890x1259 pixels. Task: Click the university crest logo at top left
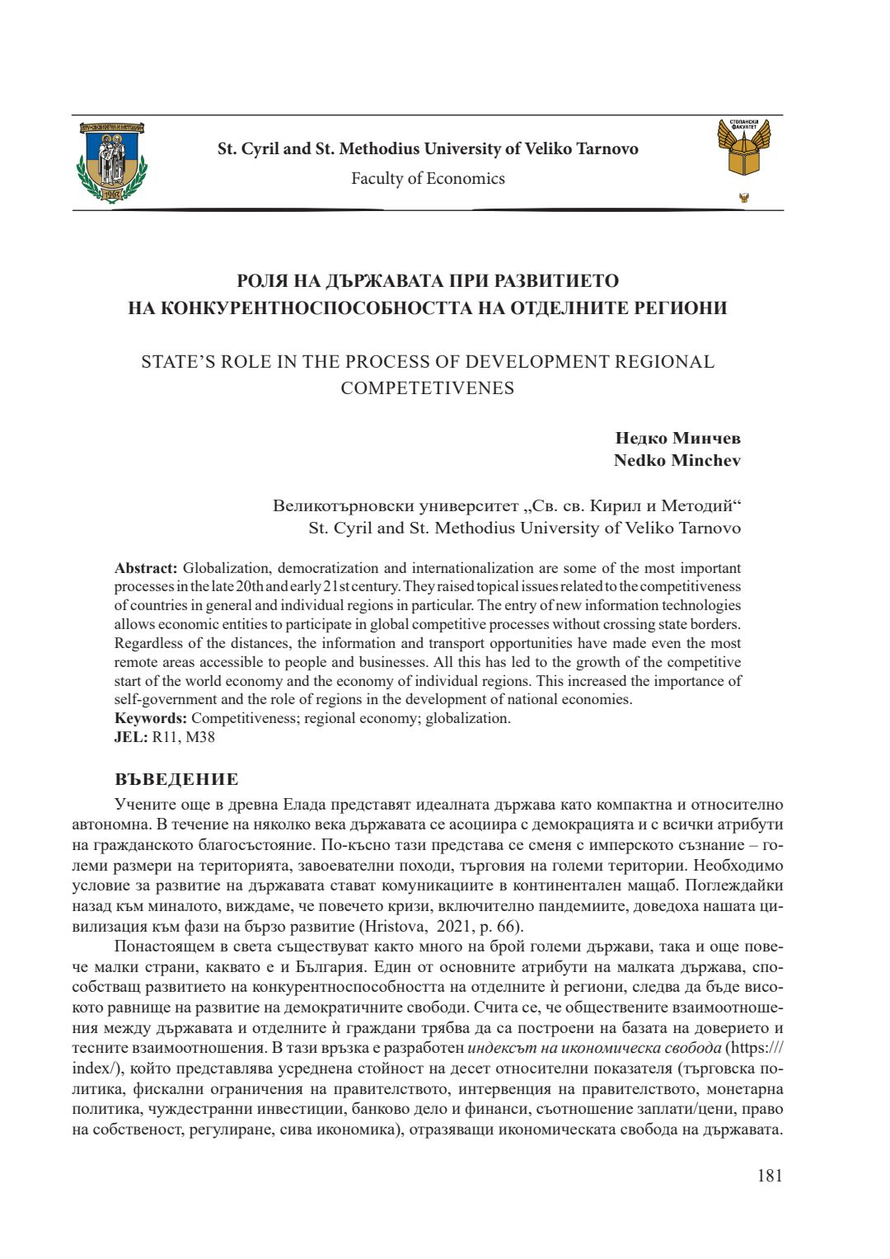[x=111, y=162]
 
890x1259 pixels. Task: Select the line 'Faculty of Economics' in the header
[x=428, y=179]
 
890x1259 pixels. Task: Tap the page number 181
[x=770, y=1176]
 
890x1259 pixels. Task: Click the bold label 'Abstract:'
[x=146, y=568]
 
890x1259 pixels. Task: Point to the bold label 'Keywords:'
[x=151, y=718]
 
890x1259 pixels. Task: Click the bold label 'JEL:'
[x=131, y=737]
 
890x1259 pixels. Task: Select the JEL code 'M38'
[x=200, y=737]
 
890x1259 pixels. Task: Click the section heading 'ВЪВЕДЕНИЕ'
[x=176, y=780]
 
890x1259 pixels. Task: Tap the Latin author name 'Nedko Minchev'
[x=677, y=460]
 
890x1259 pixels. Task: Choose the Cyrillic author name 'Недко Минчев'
[x=677, y=438]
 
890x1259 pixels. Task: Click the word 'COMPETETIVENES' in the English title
[x=427, y=388]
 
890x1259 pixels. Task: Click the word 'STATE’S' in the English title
[x=177, y=362]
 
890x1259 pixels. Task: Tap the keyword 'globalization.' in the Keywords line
[x=468, y=718]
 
